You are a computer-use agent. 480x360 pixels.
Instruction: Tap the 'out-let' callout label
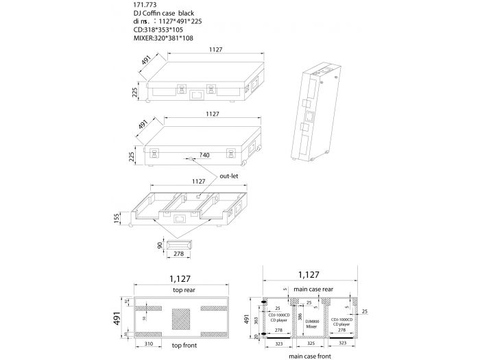pyautogui.click(x=228, y=176)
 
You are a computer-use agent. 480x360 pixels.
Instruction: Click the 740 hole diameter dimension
pyautogui.click(x=204, y=156)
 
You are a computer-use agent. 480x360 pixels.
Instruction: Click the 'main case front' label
pyautogui.click(x=311, y=355)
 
